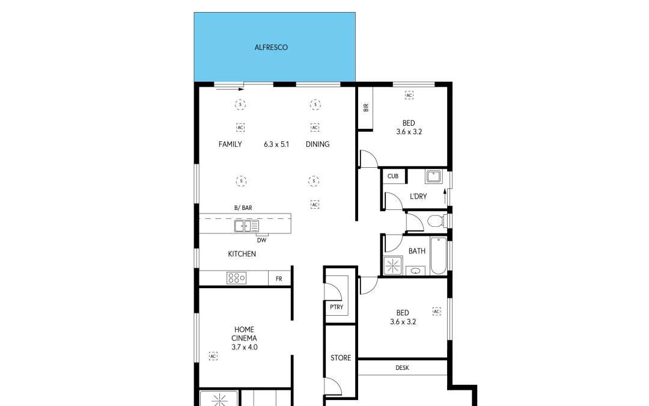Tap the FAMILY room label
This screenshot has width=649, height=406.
point(230,144)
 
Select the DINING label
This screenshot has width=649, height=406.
point(317,144)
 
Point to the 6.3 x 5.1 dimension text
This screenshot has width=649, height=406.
point(276,144)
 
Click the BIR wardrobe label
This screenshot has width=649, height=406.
point(365,108)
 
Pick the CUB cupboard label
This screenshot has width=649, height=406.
point(393,176)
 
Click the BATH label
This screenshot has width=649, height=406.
point(417,251)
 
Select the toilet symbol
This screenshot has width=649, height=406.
point(436,221)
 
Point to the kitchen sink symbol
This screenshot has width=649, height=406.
point(246,226)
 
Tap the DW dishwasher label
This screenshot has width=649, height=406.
point(261,240)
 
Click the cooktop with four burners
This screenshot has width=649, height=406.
point(236,278)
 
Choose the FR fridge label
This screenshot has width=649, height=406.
point(279,279)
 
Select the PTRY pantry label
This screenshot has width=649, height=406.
point(335,307)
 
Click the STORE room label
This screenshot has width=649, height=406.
point(341,358)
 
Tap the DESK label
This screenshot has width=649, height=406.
point(402,368)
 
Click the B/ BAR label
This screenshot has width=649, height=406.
point(243,208)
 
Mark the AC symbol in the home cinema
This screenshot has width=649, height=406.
point(213,356)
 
